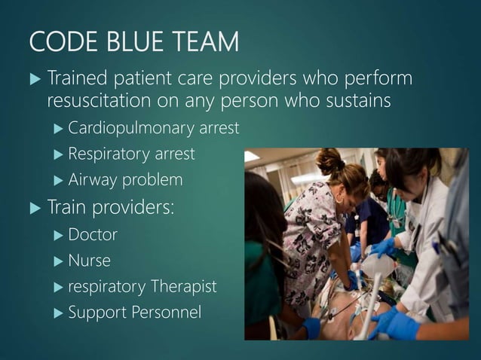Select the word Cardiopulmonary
pos(126,128)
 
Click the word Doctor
pos(93,234)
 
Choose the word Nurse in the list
pos(90,261)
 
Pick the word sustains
pos(354,100)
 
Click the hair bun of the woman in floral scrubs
pos(329,160)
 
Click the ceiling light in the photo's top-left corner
pos(252,155)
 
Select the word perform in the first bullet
pos(377,78)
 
